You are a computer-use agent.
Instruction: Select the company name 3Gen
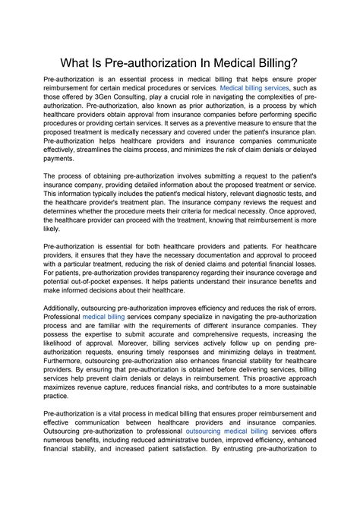pyautogui.click(x=114, y=99)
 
